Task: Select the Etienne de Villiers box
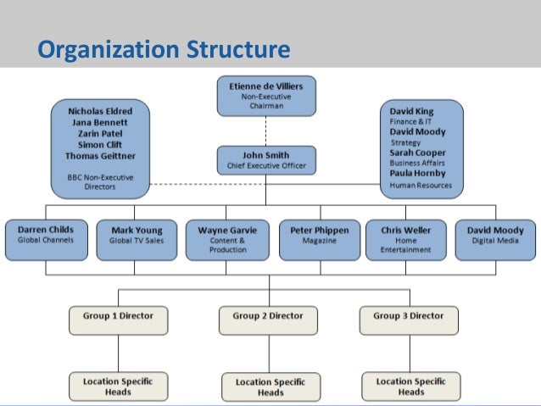(x=265, y=96)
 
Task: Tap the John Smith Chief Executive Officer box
(x=265, y=160)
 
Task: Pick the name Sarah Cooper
(x=417, y=153)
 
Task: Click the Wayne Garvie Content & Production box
(x=226, y=240)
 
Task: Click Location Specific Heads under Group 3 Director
(x=410, y=386)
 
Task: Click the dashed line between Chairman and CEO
(x=265, y=131)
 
